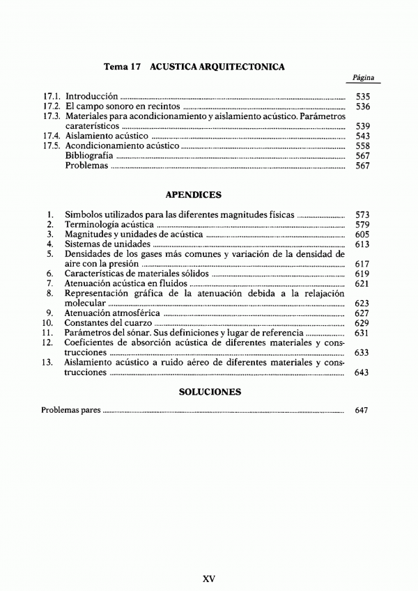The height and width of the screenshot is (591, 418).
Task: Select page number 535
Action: click(x=362, y=96)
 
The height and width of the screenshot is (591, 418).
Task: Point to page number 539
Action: click(x=362, y=126)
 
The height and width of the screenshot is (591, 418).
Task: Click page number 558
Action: click(x=362, y=146)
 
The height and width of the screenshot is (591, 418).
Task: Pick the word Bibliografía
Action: click(x=89, y=156)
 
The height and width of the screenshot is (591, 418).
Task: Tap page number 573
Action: click(x=362, y=215)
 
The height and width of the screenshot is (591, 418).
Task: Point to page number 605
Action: click(x=362, y=235)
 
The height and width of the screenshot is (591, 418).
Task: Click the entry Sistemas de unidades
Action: click(x=107, y=245)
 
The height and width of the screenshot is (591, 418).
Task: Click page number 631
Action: click(x=362, y=333)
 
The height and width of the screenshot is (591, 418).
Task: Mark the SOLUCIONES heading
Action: click(x=210, y=392)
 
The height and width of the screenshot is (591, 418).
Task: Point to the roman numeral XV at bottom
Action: click(x=208, y=578)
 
